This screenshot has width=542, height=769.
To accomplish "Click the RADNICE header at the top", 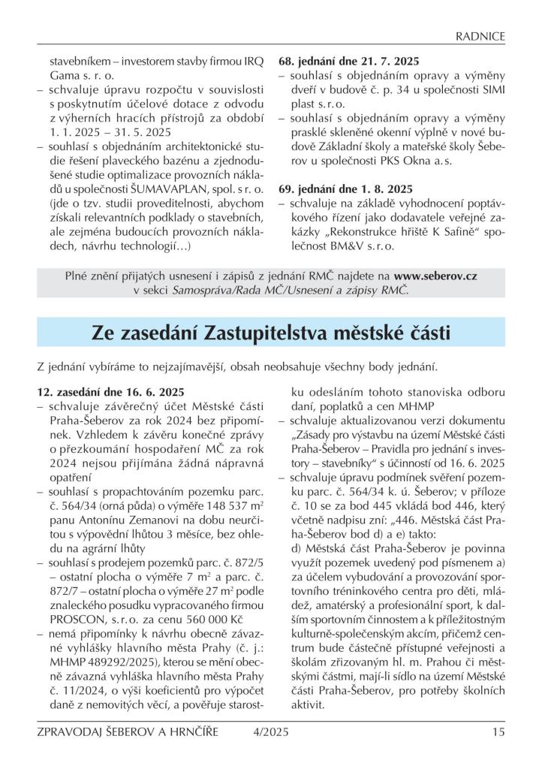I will point(481,35).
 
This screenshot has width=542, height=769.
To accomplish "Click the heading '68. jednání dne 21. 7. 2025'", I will point(349,62).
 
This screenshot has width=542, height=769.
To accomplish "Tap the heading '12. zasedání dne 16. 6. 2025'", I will point(110,392).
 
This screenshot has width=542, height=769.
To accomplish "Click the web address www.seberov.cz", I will point(435,276).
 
